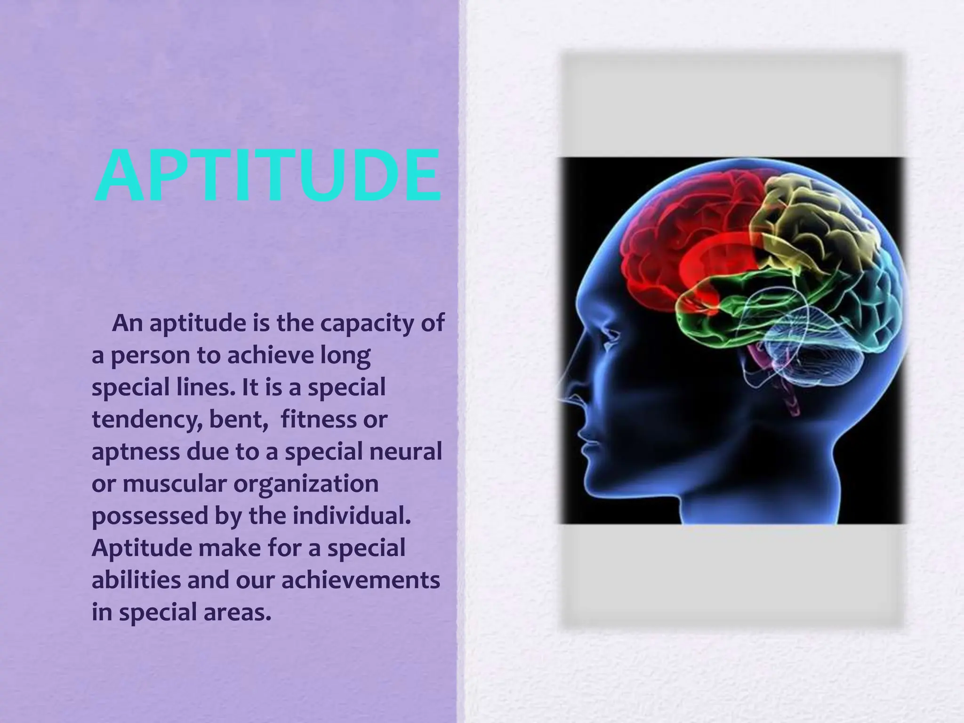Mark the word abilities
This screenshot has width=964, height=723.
[x=136, y=580]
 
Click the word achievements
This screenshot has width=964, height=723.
[x=361, y=580]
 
